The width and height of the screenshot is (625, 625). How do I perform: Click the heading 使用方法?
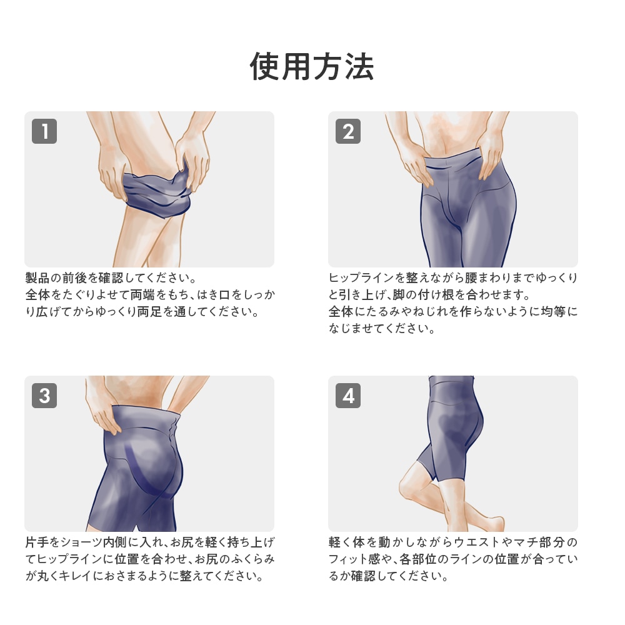[312, 66]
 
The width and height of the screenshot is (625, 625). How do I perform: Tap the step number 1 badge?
[44, 131]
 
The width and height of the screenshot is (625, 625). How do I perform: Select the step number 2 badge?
[348, 131]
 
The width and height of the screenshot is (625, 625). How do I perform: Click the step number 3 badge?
[44, 396]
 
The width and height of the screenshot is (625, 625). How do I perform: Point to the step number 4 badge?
[348, 396]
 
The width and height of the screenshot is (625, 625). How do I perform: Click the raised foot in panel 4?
[491, 522]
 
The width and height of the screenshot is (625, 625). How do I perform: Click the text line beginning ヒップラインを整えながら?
[453, 277]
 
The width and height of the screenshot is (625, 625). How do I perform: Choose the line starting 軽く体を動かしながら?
[453, 542]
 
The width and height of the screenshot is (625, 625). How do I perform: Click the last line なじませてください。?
[382, 329]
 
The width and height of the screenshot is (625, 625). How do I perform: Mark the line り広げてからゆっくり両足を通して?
[142, 311]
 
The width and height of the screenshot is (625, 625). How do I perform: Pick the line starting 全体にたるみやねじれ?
[453, 311]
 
